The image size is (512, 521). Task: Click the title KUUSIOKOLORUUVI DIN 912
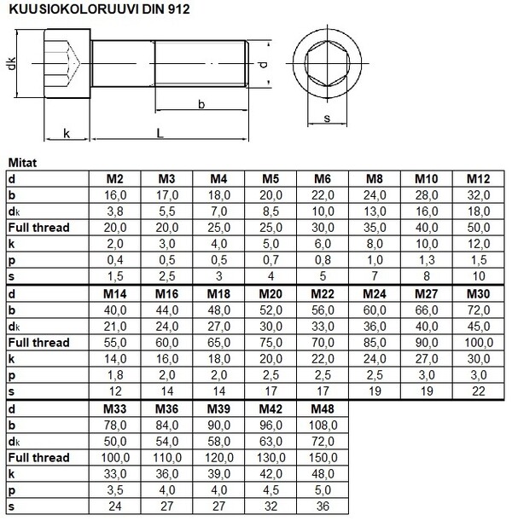(100, 10)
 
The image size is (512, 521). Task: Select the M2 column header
(115, 179)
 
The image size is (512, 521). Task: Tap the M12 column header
(478, 179)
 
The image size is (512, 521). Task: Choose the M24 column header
(374, 293)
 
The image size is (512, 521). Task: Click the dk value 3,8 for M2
(115, 211)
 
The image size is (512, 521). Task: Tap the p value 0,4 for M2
(115, 260)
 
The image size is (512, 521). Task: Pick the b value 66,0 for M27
(426, 310)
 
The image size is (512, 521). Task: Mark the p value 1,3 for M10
(426, 260)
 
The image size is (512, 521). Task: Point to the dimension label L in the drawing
(160, 132)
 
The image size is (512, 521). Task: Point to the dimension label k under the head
(66, 133)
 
